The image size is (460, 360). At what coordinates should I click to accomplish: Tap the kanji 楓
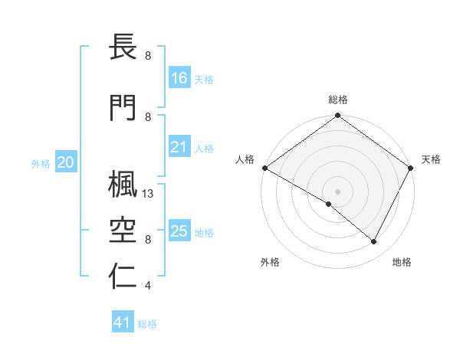tap(123, 183)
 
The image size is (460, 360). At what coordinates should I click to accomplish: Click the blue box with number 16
tap(179, 77)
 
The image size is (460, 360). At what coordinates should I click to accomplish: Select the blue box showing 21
tap(179, 148)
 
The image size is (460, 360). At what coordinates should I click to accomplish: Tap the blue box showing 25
tap(179, 231)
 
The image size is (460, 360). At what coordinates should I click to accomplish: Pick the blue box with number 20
tap(66, 162)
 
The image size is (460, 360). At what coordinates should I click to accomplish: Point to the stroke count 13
tap(149, 195)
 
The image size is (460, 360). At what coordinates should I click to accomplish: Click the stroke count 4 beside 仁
tap(147, 286)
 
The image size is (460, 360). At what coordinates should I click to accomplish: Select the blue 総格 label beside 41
tap(147, 324)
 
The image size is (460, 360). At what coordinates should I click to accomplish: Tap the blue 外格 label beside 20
tap(41, 163)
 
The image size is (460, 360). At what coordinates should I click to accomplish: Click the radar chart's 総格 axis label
tap(337, 100)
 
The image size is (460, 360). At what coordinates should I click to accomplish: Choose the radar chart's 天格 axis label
tap(431, 159)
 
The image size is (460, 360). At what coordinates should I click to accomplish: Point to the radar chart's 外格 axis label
tap(270, 262)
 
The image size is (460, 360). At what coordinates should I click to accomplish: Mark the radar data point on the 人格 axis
tap(264, 168)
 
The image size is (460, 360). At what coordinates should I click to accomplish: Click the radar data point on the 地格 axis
tap(374, 242)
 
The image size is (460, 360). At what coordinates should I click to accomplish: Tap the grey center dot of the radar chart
tap(337, 191)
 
